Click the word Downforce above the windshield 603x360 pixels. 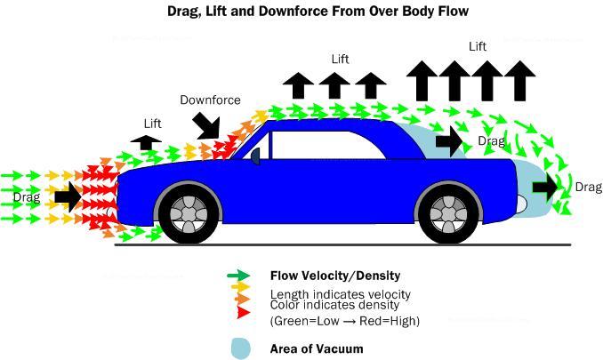(211, 100)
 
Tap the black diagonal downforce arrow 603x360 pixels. (207, 125)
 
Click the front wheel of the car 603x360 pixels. (189, 214)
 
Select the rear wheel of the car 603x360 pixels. (449, 214)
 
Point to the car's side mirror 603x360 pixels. (255, 156)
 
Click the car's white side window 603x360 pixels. (327, 145)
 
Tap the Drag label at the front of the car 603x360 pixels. (27, 197)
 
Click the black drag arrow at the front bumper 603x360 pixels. (68, 197)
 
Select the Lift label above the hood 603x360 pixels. (152, 124)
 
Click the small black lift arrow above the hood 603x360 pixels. (146, 142)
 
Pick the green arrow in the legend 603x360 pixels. (238, 275)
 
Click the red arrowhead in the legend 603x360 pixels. (244, 312)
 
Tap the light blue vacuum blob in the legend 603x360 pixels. (241, 348)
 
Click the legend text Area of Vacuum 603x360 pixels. (317, 348)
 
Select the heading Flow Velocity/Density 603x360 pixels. (335, 276)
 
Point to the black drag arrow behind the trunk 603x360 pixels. (545, 188)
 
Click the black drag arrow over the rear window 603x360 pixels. (449, 141)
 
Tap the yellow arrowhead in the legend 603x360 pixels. (241, 286)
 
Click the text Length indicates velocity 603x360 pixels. (341, 295)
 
